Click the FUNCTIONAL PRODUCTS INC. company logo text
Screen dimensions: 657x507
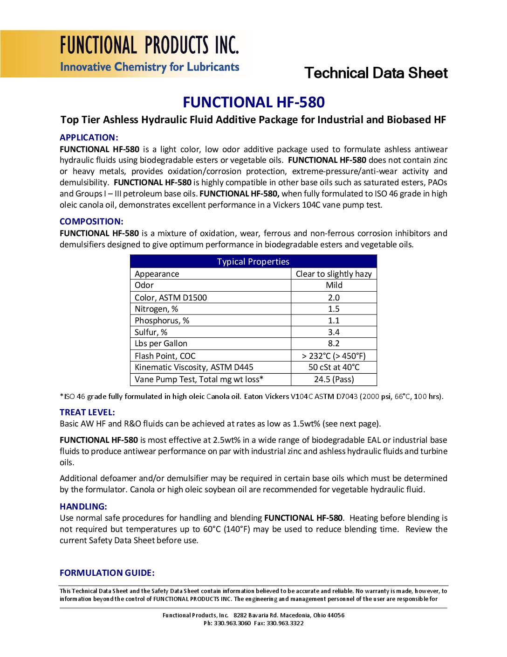click(x=149, y=46)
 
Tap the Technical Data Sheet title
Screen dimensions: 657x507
click(x=376, y=73)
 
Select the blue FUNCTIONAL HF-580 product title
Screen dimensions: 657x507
click(x=253, y=102)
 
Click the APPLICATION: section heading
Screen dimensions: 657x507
click(x=89, y=138)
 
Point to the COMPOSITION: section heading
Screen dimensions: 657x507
click(x=91, y=222)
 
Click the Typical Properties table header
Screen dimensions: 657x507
click(x=253, y=262)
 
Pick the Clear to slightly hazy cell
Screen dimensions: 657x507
click(x=334, y=274)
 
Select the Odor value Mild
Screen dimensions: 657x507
click(x=334, y=285)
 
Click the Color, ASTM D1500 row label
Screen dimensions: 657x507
click(x=171, y=298)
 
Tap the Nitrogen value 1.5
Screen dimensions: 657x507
click(x=334, y=309)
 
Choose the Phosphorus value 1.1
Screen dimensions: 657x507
click(x=334, y=321)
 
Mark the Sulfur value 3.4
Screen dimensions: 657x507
click(x=334, y=332)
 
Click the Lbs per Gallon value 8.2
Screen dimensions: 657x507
click(x=334, y=343)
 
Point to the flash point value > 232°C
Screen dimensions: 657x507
click(x=334, y=356)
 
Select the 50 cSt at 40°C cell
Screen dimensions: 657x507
click(x=334, y=367)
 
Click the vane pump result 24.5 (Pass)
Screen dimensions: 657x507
click(x=334, y=379)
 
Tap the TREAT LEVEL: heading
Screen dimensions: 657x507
click(x=87, y=412)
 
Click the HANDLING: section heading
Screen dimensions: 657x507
click(x=83, y=507)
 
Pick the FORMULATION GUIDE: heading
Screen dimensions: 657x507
click(x=107, y=573)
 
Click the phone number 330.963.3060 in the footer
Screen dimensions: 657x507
click(x=232, y=623)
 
